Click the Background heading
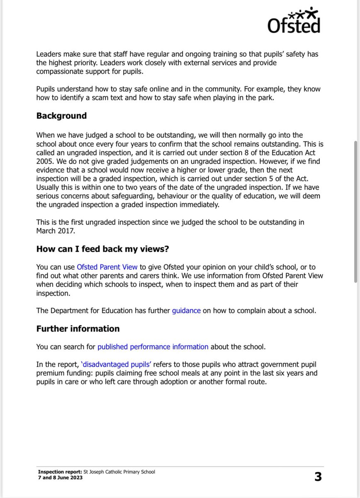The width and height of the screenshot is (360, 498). (x=61, y=116)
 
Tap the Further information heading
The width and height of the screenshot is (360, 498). (x=78, y=329)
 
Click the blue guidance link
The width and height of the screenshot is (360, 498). (x=186, y=310)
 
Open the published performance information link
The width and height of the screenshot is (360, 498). (x=153, y=347)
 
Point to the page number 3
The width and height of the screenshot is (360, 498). (x=318, y=477)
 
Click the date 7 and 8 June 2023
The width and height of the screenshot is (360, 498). (x=60, y=478)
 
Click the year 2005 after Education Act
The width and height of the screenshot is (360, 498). (x=45, y=161)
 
